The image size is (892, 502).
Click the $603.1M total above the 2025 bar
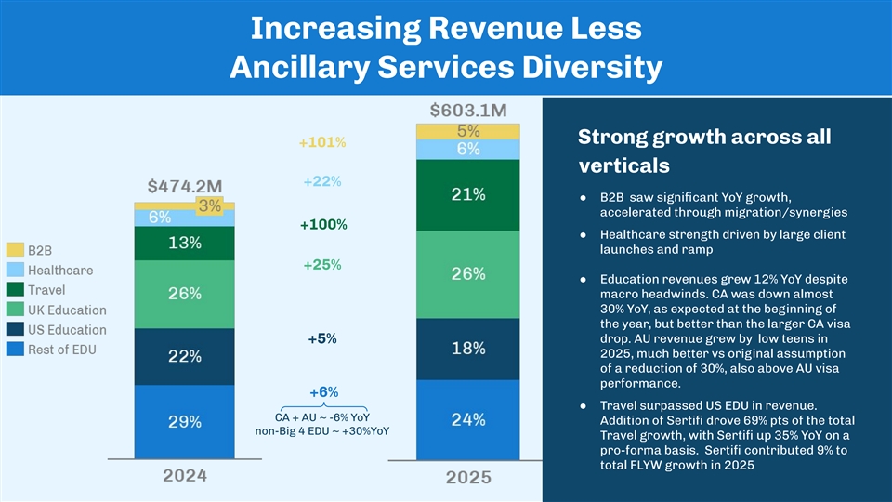pyautogui.click(x=468, y=110)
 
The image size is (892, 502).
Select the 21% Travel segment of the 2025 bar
pyautogui.click(x=467, y=194)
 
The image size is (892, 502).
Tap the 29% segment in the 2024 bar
pyautogui.click(x=184, y=421)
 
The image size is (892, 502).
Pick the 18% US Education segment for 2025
pyautogui.click(x=467, y=348)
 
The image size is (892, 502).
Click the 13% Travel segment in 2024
pyautogui.click(x=184, y=244)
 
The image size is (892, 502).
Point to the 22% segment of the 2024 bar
pyautogui.click(x=184, y=356)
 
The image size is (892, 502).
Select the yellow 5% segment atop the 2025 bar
pyautogui.click(x=467, y=131)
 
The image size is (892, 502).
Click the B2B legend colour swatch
pyautogui.click(x=15, y=250)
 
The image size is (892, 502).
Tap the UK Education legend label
pyautogui.click(x=66, y=310)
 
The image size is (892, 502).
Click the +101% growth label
pyautogui.click(x=322, y=143)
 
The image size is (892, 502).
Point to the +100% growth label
pyautogui.click(x=323, y=225)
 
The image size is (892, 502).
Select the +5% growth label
pyautogui.click(x=322, y=338)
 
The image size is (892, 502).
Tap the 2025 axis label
pyautogui.click(x=468, y=477)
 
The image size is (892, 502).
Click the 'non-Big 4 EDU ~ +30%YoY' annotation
pyautogui.click(x=322, y=431)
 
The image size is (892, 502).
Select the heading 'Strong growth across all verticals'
pyautogui.click(x=703, y=152)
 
